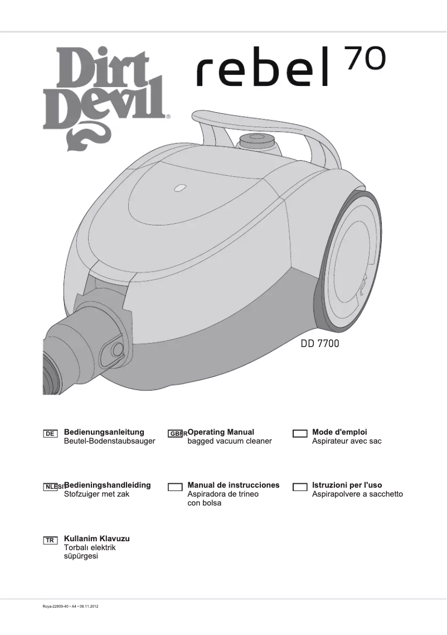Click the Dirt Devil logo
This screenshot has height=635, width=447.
106,95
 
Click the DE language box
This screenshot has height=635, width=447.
50,434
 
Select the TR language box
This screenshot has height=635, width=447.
50,541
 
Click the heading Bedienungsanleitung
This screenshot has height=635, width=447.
104,432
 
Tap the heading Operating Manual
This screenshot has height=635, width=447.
221,432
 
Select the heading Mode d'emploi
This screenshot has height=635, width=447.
339,432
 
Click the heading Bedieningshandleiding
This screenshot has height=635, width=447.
108,485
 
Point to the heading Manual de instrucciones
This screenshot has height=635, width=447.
234,485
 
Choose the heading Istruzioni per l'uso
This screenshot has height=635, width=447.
347,485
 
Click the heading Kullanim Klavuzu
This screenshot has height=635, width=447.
97,538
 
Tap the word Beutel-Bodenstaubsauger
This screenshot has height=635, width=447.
109,441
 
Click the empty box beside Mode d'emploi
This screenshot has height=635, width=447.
300,434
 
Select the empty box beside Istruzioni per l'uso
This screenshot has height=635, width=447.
300,487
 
